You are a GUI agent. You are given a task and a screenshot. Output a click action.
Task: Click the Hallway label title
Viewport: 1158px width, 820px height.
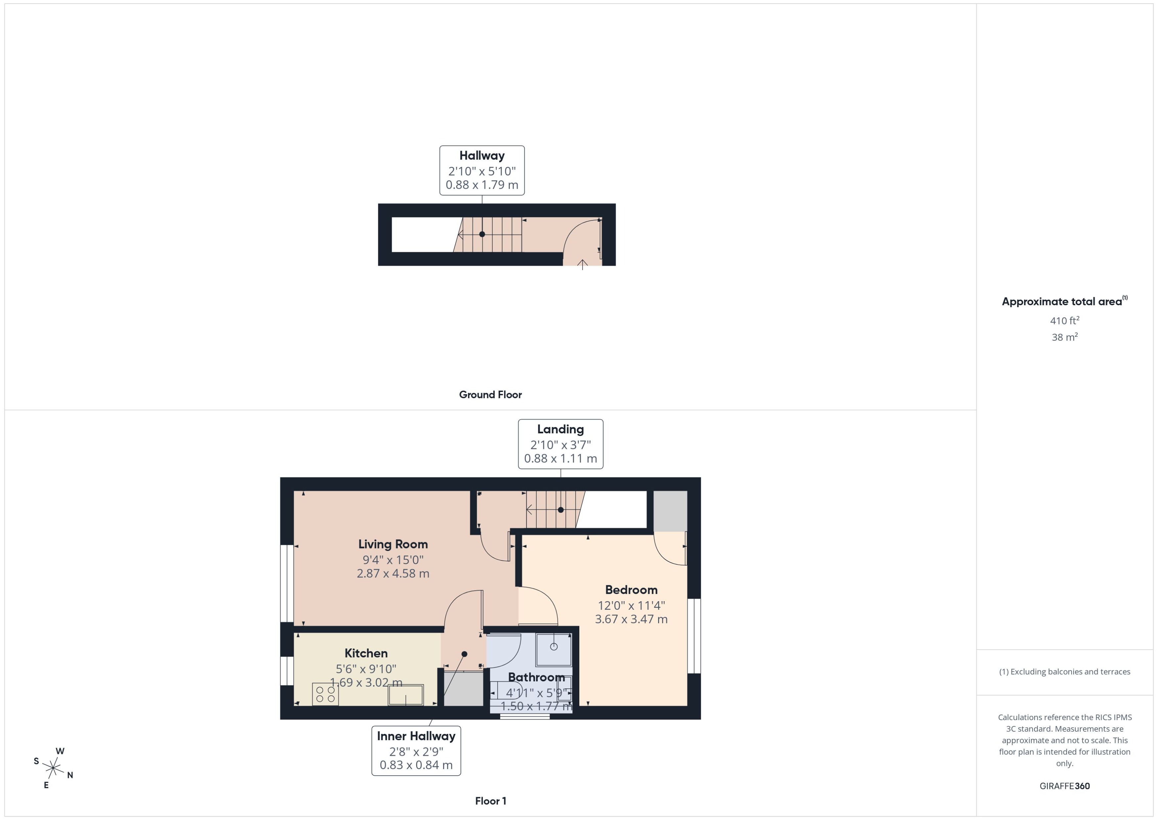[481, 156]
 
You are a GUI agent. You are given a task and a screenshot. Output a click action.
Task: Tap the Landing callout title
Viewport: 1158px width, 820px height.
[560, 429]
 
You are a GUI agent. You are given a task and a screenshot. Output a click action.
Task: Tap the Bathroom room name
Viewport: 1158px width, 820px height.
[536, 677]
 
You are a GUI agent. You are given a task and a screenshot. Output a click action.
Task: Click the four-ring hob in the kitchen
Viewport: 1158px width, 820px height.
[326, 694]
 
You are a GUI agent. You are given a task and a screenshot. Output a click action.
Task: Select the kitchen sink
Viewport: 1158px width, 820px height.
[405, 695]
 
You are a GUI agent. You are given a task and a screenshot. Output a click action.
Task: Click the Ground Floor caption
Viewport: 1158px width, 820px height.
[490, 394]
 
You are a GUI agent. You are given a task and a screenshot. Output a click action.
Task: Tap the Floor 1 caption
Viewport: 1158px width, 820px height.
[490, 800]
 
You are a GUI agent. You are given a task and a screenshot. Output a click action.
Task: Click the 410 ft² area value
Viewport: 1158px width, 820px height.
[1064, 321]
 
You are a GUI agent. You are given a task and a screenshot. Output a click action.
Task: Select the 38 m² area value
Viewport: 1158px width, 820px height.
[1064, 337]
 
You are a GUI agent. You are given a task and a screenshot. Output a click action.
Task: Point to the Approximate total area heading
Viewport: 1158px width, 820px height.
[1062, 302]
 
